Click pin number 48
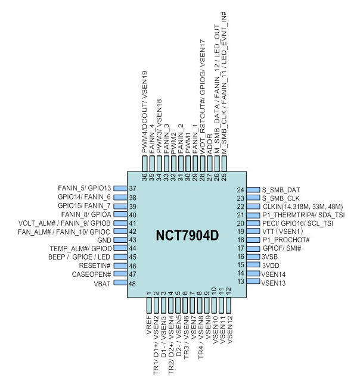click(x=131, y=283)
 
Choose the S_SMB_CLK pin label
click(x=282, y=198)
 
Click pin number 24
click(x=241, y=189)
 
